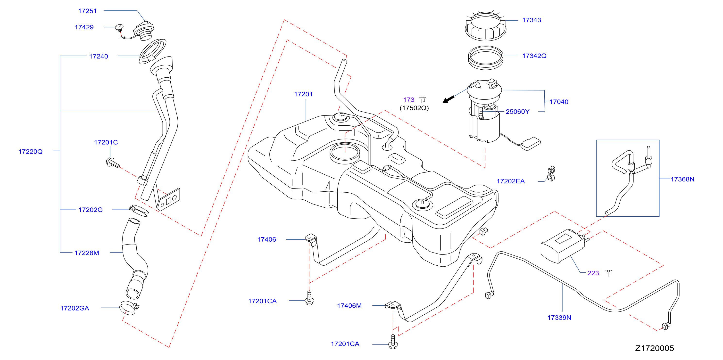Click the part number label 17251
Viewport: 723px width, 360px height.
pyautogui.click(x=87, y=11)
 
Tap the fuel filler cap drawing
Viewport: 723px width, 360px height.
pyautogui.click(x=143, y=31)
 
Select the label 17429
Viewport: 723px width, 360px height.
pyautogui.click(x=84, y=27)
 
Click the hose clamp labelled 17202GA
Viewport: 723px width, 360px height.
pyautogui.click(x=129, y=308)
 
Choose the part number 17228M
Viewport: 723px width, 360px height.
pyautogui.click(x=87, y=253)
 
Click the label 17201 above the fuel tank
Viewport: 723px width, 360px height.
pyautogui.click(x=303, y=94)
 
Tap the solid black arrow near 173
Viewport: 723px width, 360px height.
pyautogui.click(x=448, y=99)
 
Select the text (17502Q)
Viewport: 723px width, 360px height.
pyautogui.click(x=414, y=108)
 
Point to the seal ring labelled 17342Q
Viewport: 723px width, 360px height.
pyautogui.click(x=486, y=58)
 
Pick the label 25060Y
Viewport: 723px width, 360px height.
pyautogui.click(x=517, y=112)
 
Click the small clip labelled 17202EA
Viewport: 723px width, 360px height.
pyautogui.click(x=551, y=174)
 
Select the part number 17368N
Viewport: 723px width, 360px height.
pyautogui.click(x=682, y=179)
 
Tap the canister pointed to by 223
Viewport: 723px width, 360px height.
pyautogui.click(x=563, y=246)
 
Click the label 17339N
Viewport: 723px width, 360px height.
pyautogui.click(x=559, y=318)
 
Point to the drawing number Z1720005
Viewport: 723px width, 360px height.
pyautogui.click(x=655, y=348)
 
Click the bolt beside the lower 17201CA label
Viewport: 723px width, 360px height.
pyautogui.click(x=393, y=342)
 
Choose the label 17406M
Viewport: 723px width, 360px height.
pyautogui.click(x=349, y=306)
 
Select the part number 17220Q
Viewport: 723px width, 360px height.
pyautogui.click(x=31, y=152)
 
